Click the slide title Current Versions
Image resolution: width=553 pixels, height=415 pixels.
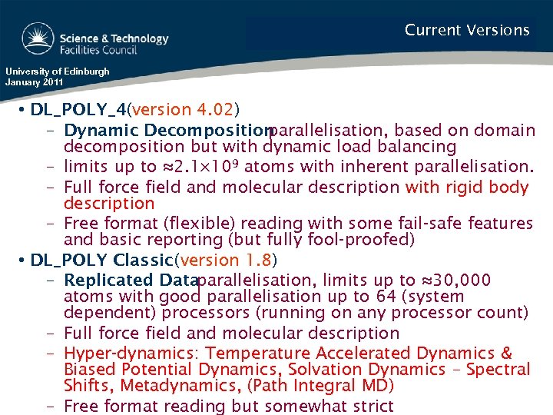click(467, 31)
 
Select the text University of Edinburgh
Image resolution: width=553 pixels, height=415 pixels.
click(57, 71)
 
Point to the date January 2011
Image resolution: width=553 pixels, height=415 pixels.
click(34, 81)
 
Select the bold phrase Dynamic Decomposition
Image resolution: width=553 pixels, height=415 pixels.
click(165, 131)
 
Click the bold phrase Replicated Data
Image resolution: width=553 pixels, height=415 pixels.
click(131, 281)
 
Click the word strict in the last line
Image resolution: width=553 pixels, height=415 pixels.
click(372, 406)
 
